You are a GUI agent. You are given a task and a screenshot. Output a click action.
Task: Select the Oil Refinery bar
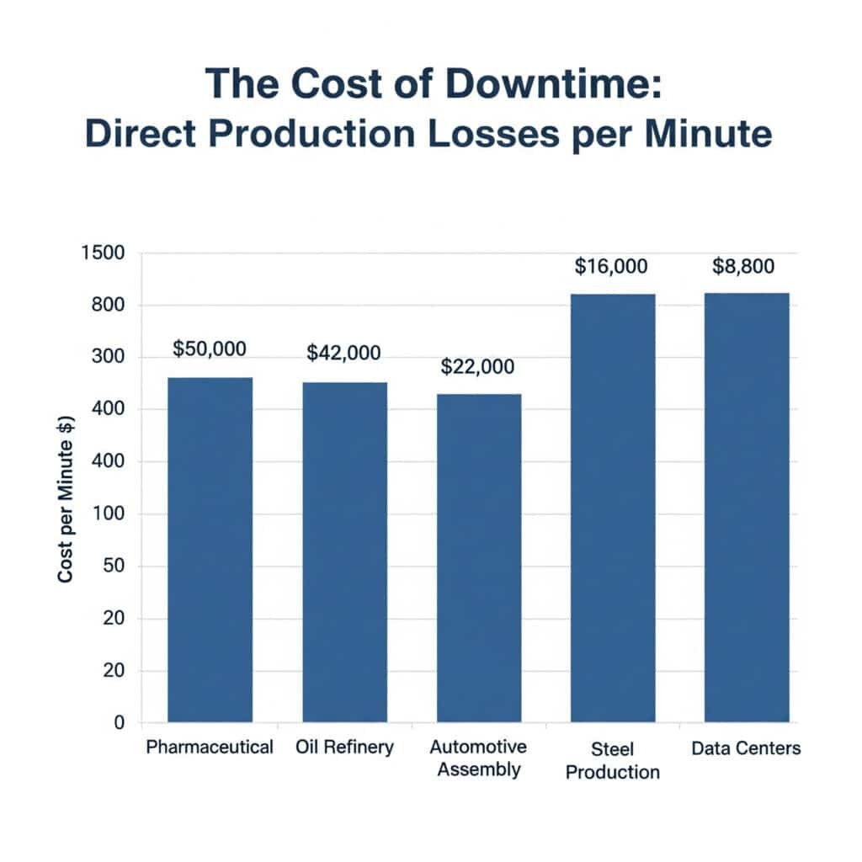[x=344, y=552]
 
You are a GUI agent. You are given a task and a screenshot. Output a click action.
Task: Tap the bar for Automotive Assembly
[x=478, y=558]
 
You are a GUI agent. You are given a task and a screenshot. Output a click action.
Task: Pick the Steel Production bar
[x=613, y=508]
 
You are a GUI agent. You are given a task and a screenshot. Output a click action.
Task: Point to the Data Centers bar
[x=747, y=508]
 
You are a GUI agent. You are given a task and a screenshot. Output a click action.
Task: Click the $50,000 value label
[x=210, y=348]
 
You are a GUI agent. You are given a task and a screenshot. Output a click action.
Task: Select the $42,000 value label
[x=343, y=354]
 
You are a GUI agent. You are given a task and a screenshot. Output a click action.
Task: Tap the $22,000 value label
[x=477, y=367]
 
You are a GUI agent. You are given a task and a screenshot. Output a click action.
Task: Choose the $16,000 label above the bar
[x=611, y=267]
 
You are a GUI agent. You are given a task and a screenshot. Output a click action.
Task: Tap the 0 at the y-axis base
[x=119, y=723]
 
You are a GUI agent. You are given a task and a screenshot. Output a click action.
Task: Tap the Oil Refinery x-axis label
[x=344, y=748]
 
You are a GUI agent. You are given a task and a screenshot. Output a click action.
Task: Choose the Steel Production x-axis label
[x=612, y=760]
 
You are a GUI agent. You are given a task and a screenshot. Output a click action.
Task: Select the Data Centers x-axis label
[x=746, y=748]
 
